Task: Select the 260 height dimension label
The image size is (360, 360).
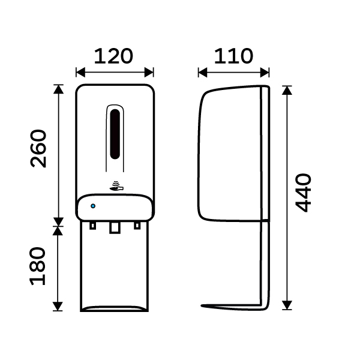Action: (38, 149)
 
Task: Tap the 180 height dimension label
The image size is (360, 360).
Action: (38, 266)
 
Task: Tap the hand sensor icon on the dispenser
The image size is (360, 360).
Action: (116, 187)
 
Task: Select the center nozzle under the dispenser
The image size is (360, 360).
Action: (115, 227)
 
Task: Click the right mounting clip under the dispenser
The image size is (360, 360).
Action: (137, 226)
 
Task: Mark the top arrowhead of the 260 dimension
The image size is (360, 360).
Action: (58, 89)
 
